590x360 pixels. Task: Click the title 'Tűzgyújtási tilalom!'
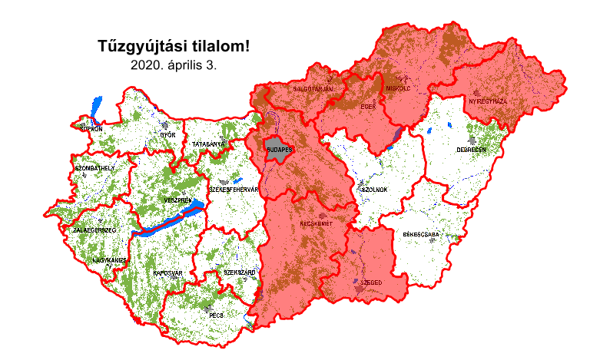(x=174, y=46)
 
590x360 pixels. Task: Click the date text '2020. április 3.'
(x=174, y=65)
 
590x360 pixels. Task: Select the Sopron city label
(x=90, y=129)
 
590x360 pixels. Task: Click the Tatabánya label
(x=208, y=144)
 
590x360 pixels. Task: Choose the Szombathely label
(x=94, y=167)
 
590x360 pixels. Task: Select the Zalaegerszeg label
(x=94, y=230)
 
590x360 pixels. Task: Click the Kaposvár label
(x=167, y=272)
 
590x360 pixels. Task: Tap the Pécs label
(x=216, y=315)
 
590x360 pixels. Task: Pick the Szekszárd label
(x=239, y=272)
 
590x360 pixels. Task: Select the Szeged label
(x=371, y=282)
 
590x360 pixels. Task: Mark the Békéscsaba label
(x=421, y=234)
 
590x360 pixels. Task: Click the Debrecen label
(x=471, y=150)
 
